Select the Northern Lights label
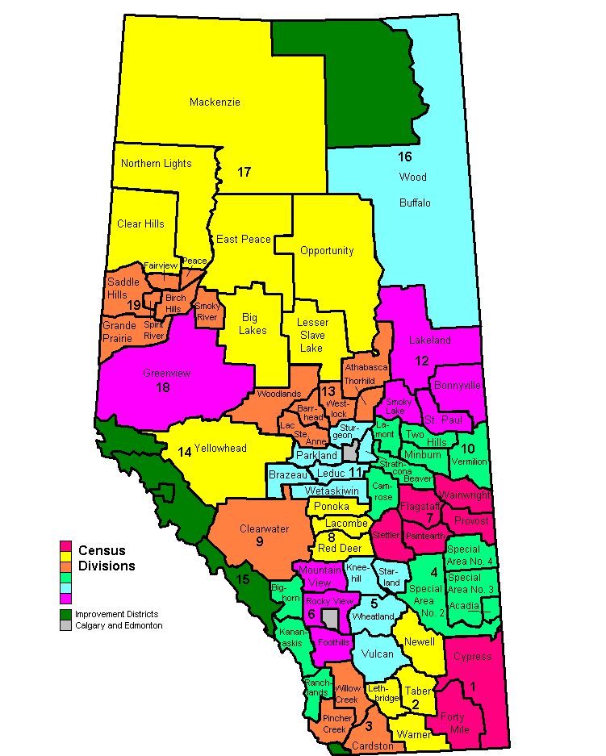156,163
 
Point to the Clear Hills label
140,223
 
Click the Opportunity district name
327,250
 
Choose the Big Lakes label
254,324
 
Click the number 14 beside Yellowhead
184,452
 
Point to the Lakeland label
429,340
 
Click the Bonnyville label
458,385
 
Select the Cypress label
472,656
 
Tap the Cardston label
373,746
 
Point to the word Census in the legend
102,550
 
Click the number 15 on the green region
244,578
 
